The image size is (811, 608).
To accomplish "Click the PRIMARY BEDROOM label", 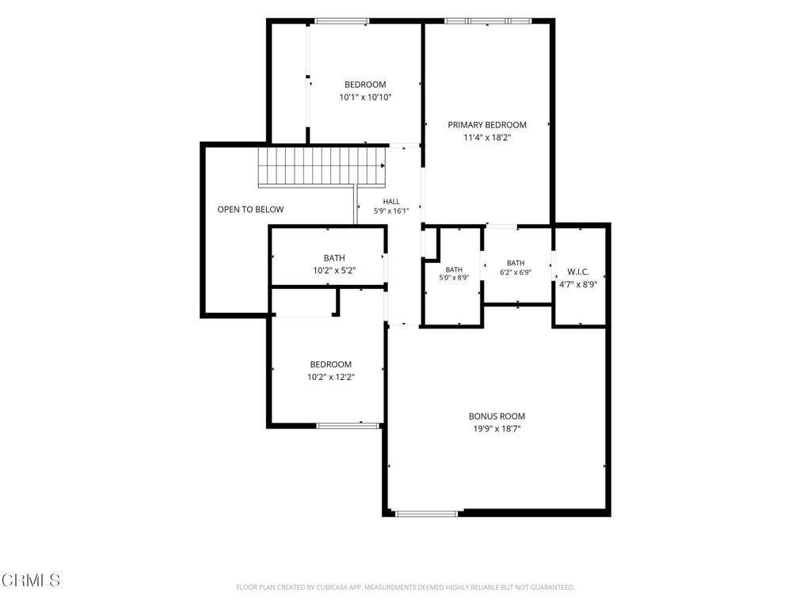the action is [x=487, y=124].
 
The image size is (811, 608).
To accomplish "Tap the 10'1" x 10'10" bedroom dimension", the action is [x=365, y=97].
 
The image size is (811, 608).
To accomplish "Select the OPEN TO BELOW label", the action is [x=250, y=209].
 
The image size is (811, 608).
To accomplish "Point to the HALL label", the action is [x=391, y=202].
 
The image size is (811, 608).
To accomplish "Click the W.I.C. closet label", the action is [x=578, y=272].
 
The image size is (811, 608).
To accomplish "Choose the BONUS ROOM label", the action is [x=497, y=416].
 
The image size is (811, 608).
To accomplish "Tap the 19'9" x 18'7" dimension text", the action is [x=497, y=428].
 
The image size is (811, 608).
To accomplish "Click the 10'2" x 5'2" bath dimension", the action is [x=334, y=271].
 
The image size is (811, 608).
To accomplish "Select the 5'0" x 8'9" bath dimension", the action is [x=454, y=278].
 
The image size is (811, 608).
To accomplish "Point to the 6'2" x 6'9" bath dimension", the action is [x=516, y=272].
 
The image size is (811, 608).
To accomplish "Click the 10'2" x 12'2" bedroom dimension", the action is [x=330, y=377].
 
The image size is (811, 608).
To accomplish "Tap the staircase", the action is [x=322, y=167].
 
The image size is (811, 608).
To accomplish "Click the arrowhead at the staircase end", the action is [x=383, y=166].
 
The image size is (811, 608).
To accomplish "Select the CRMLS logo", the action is [x=31, y=580].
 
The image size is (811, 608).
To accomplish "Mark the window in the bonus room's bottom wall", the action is [x=427, y=513].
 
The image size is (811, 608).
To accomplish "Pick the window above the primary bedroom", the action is [x=488, y=21].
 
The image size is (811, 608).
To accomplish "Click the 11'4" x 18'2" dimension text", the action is [x=487, y=138].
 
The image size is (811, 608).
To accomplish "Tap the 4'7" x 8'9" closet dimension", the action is [x=578, y=284].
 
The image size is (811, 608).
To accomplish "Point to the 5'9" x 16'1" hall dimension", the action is [x=391, y=211].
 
